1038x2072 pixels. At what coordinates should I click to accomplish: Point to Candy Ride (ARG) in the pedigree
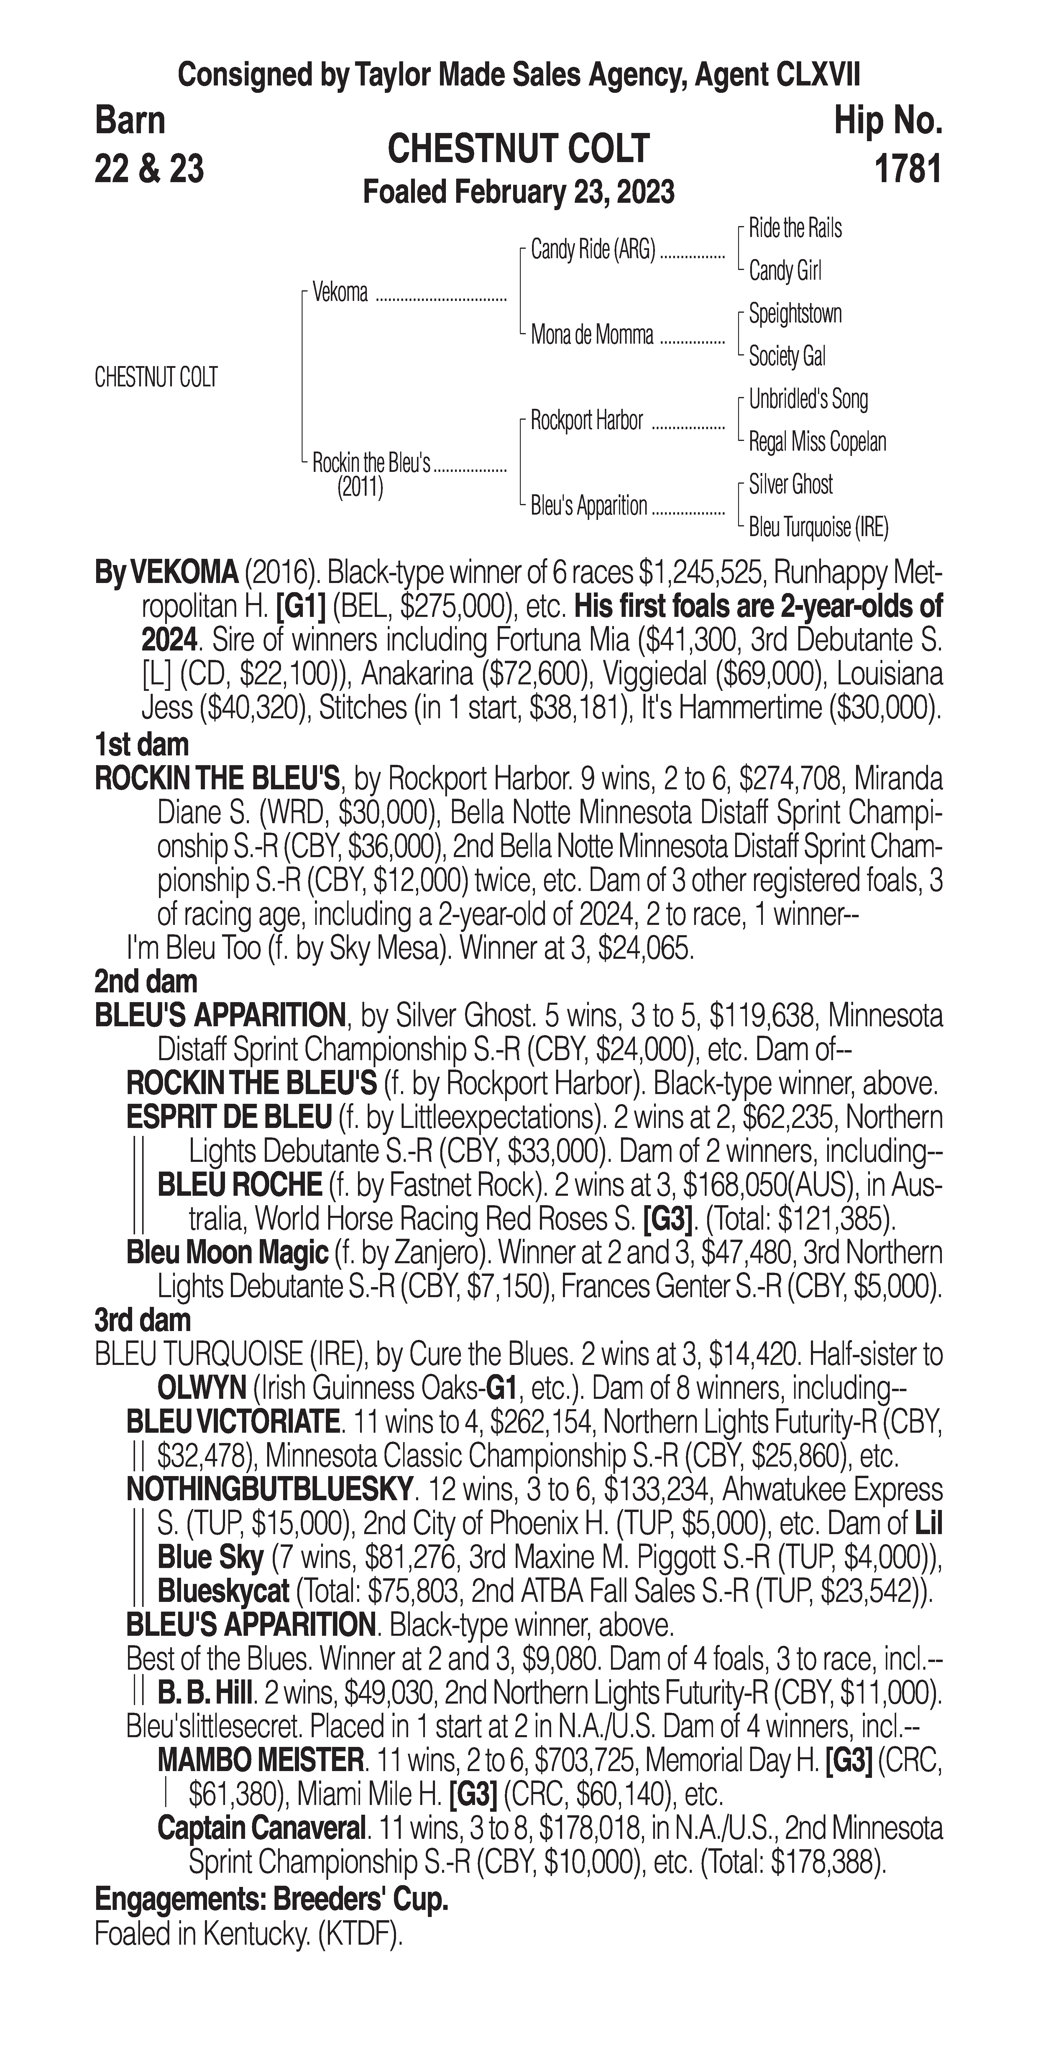point(593,250)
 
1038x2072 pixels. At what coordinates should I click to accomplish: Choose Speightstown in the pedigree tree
point(795,314)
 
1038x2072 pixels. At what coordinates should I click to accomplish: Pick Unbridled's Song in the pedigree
point(808,399)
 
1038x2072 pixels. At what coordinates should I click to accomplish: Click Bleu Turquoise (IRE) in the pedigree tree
point(817,528)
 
